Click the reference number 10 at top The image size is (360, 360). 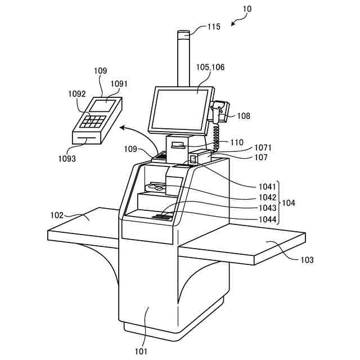click(x=247, y=9)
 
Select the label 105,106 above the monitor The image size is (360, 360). click(x=210, y=67)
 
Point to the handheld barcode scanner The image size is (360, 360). click(x=220, y=109)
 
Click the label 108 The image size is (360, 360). click(x=244, y=116)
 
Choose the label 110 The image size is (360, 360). click(x=236, y=142)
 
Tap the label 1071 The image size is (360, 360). click(x=262, y=148)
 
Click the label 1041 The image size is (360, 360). click(x=267, y=186)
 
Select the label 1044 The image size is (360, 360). click(x=267, y=219)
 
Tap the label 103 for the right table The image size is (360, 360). click(x=307, y=260)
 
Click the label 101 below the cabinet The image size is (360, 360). click(x=141, y=352)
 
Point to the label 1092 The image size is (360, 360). click(x=77, y=94)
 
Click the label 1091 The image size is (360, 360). click(x=119, y=84)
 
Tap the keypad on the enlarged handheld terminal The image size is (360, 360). click(x=93, y=120)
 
